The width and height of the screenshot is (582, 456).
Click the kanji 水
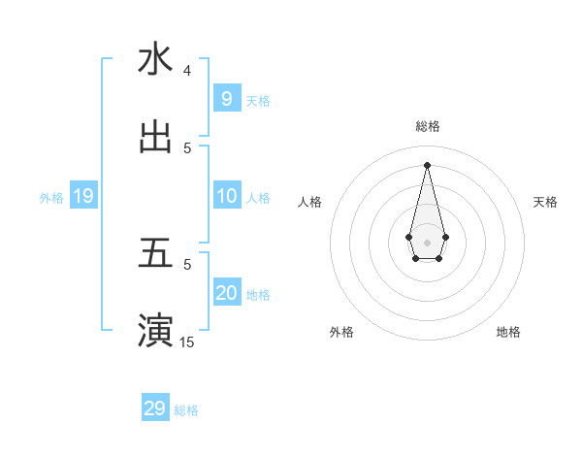click(x=155, y=59)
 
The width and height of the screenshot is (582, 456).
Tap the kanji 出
click(x=155, y=138)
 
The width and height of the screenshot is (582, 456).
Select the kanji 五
click(x=155, y=253)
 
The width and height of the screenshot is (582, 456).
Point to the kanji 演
click(x=155, y=330)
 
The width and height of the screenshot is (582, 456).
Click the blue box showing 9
click(x=226, y=98)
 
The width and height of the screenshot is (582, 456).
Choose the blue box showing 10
click(x=226, y=196)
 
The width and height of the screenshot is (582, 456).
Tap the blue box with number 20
click(x=226, y=293)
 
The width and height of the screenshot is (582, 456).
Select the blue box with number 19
click(x=82, y=196)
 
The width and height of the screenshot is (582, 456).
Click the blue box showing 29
click(x=154, y=408)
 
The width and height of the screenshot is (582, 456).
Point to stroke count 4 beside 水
click(x=187, y=71)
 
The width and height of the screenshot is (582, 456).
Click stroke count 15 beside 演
click(x=187, y=342)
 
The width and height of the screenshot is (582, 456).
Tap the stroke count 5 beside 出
click(x=187, y=148)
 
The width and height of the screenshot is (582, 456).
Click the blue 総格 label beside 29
click(x=186, y=410)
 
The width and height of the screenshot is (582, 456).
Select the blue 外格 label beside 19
click(x=51, y=198)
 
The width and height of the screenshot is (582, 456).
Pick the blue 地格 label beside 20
click(x=258, y=295)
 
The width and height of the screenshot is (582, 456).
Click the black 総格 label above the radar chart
click(x=427, y=126)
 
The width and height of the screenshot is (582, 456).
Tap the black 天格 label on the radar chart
click(x=546, y=202)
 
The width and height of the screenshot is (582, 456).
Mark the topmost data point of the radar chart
click(x=427, y=164)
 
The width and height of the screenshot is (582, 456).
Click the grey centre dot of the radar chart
click(x=427, y=242)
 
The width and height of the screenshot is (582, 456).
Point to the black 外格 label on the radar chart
click(x=341, y=332)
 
